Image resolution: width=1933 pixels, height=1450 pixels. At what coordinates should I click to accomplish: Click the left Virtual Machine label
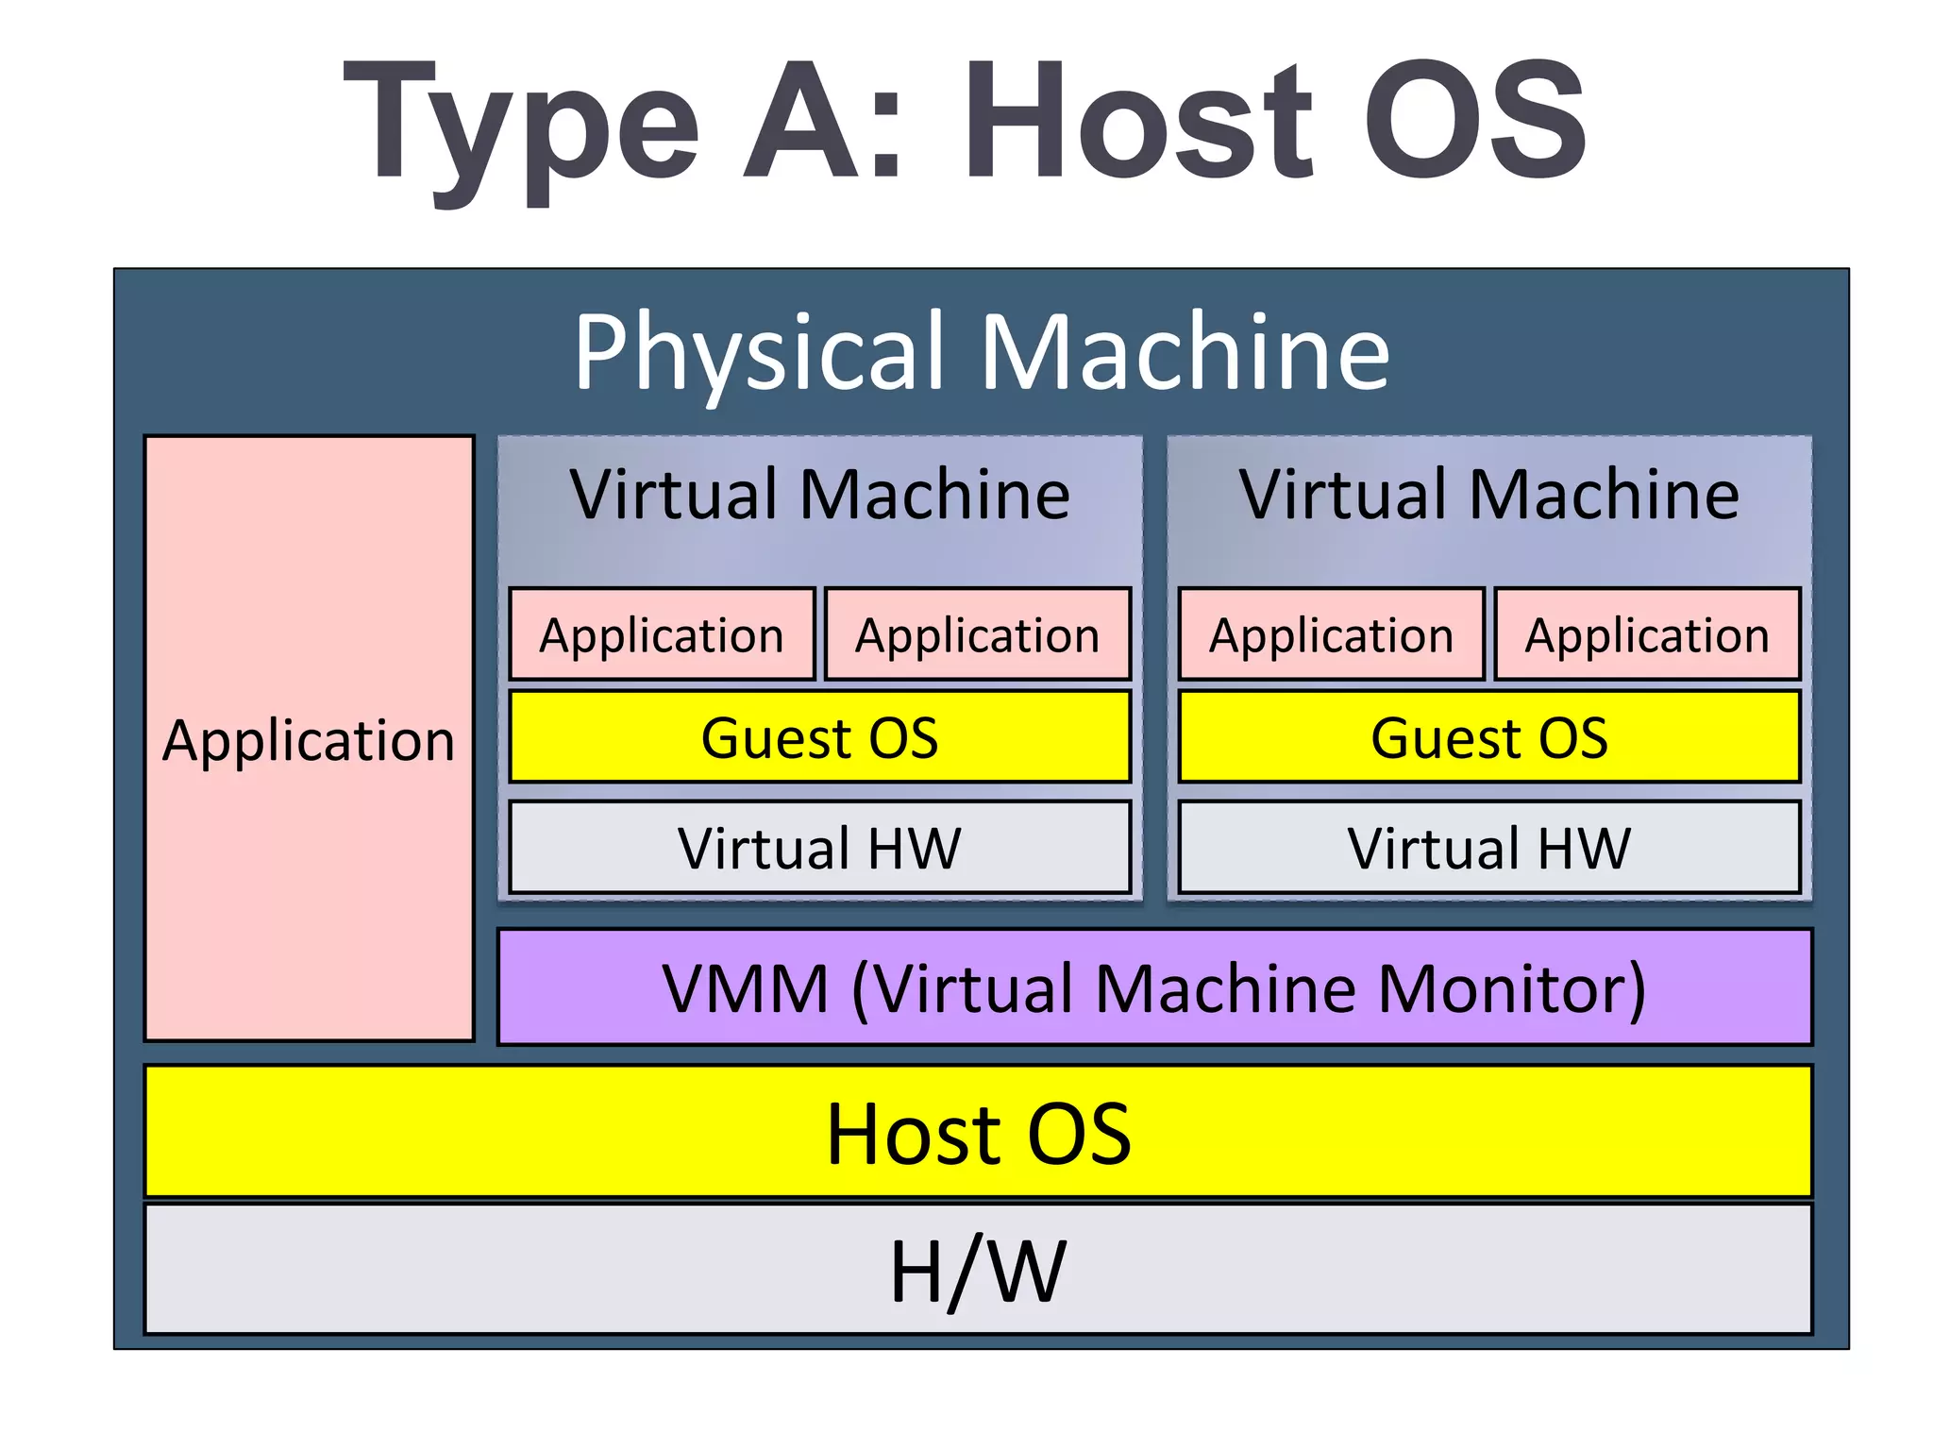(x=819, y=495)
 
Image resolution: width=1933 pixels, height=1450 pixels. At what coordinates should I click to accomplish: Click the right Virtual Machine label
(x=1488, y=495)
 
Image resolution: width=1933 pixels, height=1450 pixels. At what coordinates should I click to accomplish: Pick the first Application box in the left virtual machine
(x=662, y=634)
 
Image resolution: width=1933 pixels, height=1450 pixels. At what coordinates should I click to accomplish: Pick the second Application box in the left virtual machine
(x=977, y=634)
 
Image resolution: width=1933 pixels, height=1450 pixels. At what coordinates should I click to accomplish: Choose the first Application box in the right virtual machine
(x=1331, y=634)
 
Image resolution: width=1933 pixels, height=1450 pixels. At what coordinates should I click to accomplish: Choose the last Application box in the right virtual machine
(x=1647, y=634)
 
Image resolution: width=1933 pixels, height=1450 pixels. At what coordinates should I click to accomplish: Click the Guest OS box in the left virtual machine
(x=819, y=737)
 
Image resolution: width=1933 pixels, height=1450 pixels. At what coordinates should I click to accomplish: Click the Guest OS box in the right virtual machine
(x=1488, y=737)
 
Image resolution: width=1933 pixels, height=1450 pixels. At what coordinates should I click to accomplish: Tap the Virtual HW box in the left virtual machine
(x=819, y=847)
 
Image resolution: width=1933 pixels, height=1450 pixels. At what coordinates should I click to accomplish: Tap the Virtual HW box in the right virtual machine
(x=1488, y=847)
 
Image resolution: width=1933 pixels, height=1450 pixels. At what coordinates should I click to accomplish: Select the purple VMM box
(x=1154, y=987)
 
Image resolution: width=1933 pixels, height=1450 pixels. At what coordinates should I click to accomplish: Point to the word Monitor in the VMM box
(x=1510, y=989)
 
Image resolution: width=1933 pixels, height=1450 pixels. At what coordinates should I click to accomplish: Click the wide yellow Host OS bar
(x=978, y=1133)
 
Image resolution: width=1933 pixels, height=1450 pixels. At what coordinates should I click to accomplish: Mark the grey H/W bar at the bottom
(x=978, y=1270)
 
